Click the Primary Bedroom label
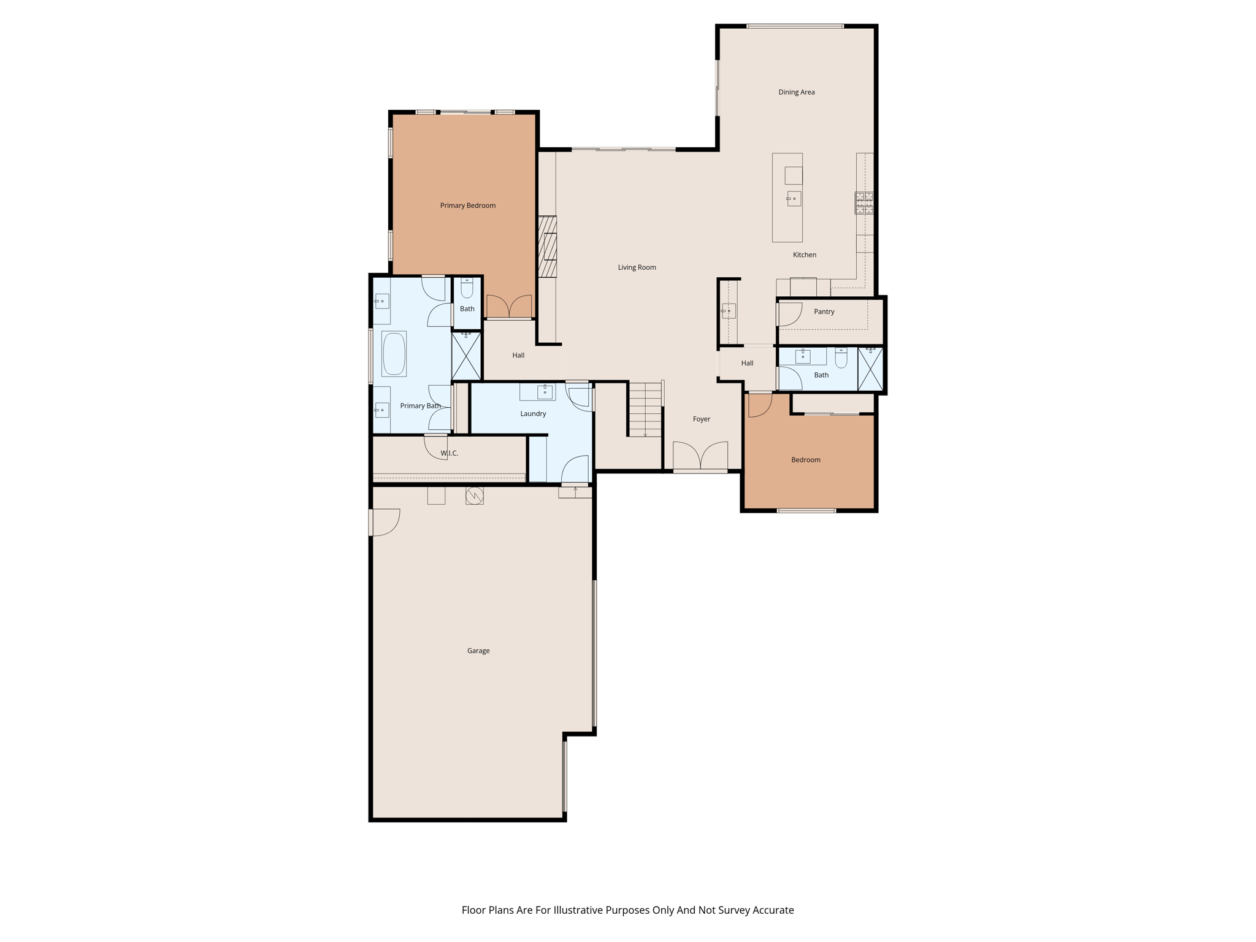point(467,205)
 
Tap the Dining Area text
point(796,92)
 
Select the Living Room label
point(637,267)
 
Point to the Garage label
point(478,651)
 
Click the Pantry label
point(824,312)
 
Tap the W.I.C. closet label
point(449,453)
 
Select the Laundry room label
point(532,413)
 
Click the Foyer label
point(701,419)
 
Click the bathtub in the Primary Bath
point(394,354)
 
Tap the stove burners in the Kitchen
point(864,203)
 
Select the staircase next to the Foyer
point(645,410)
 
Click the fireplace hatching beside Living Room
point(547,247)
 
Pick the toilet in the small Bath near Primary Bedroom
point(467,288)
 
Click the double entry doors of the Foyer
point(700,456)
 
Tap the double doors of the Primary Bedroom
point(509,307)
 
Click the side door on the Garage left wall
point(385,522)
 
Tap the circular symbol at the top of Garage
point(474,496)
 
